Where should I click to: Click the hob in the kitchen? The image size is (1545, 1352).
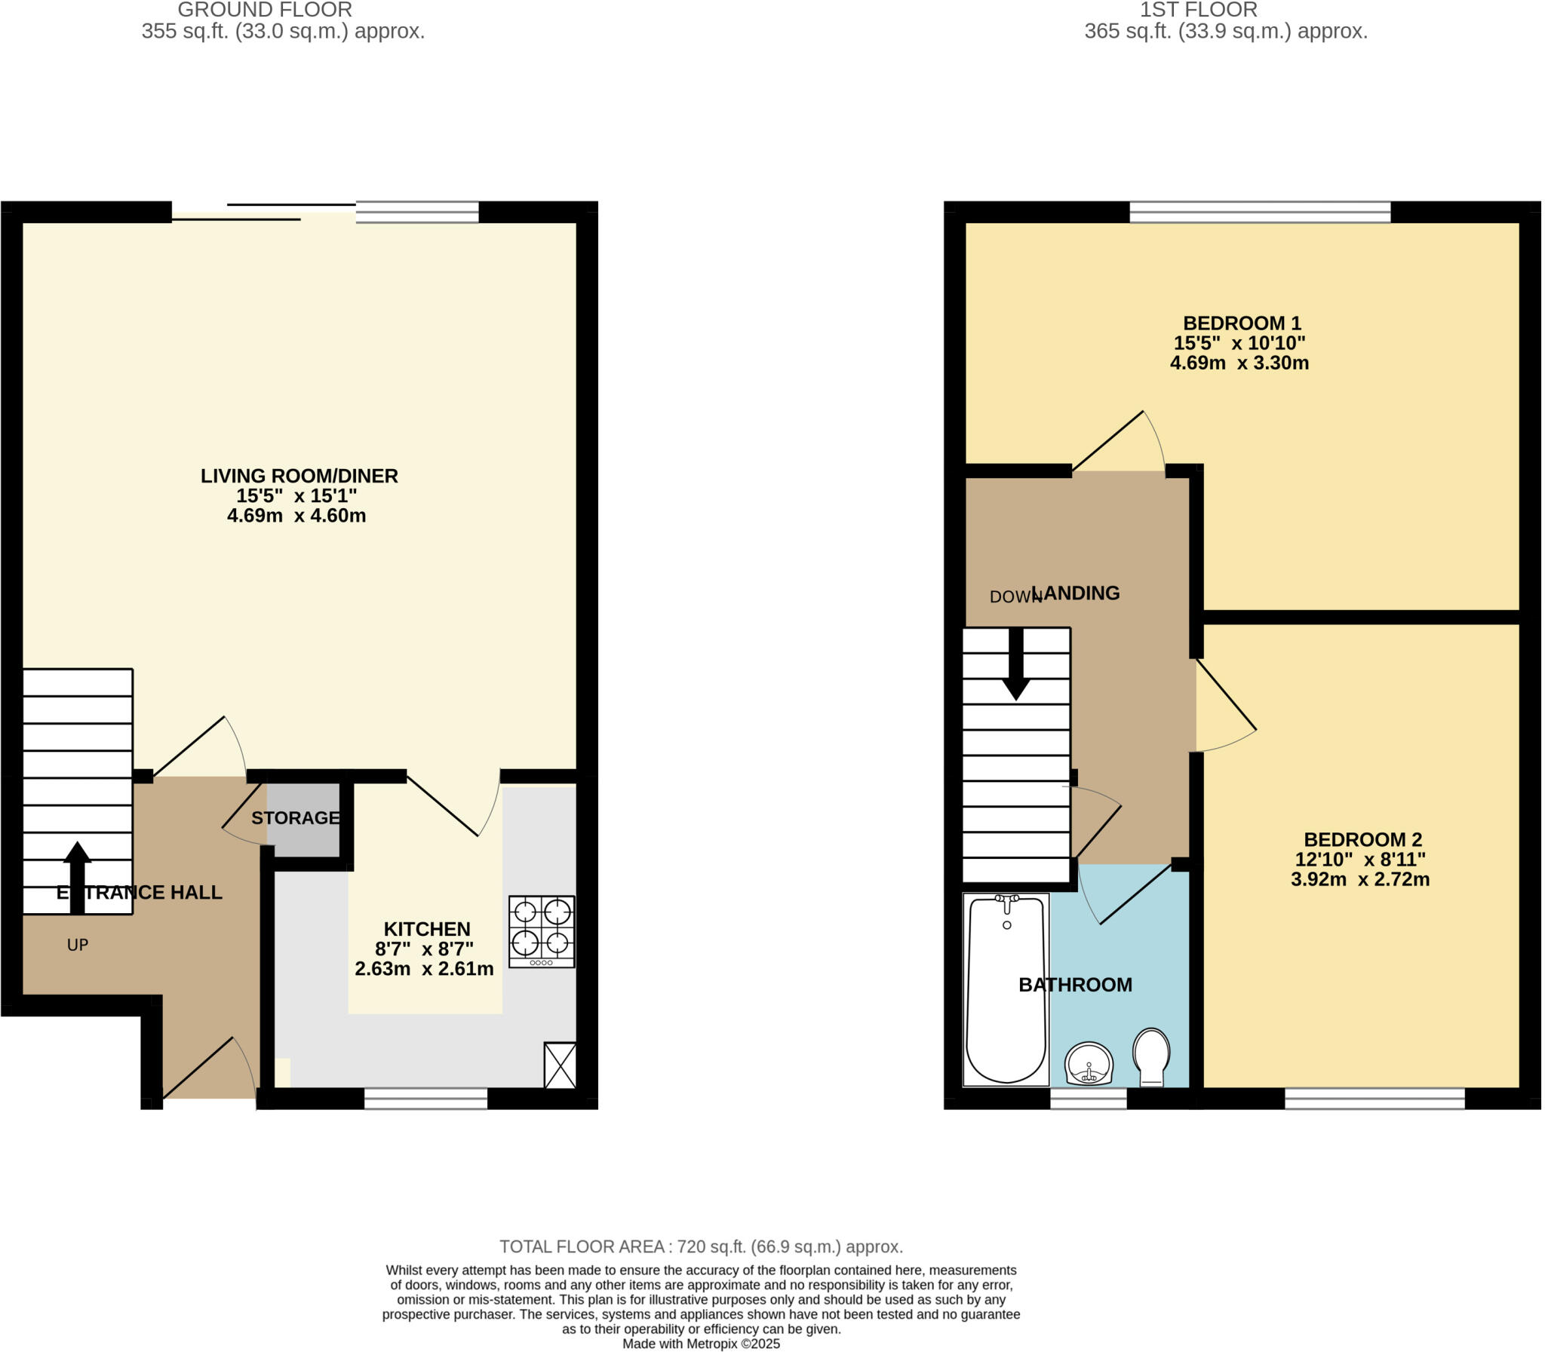pyautogui.click(x=541, y=931)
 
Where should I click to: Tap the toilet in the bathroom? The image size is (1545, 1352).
pyautogui.click(x=1151, y=1056)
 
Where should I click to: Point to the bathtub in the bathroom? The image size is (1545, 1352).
pyautogui.click(x=1006, y=990)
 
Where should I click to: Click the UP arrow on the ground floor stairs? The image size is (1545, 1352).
pyautogui.click(x=77, y=877)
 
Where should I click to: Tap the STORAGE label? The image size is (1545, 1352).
pyautogui.click(x=295, y=818)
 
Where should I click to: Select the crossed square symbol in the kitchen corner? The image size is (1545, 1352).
pyautogui.click(x=560, y=1065)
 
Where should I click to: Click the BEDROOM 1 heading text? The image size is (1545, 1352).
pyautogui.click(x=1242, y=323)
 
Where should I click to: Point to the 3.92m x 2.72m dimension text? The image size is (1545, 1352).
pyautogui.click(x=1359, y=879)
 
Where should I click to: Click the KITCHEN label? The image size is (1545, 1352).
pyautogui.click(x=426, y=929)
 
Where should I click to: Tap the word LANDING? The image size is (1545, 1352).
pyautogui.click(x=1080, y=593)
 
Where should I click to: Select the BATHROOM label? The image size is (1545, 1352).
pyautogui.click(x=1075, y=985)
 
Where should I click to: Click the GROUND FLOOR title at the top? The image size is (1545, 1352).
pyautogui.click(x=264, y=10)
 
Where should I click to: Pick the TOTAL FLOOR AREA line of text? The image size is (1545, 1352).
pyautogui.click(x=700, y=1246)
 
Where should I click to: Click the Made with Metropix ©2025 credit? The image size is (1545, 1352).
pyautogui.click(x=700, y=1344)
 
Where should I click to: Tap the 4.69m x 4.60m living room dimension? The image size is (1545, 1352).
pyautogui.click(x=296, y=516)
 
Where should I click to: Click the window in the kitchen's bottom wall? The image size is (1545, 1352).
pyautogui.click(x=425, y=1099)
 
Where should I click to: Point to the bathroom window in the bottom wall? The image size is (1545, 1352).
pyautogui.click(x=1088, y=1099)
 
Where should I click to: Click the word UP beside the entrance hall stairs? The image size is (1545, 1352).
pyautogui.click(x=78, y=945)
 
